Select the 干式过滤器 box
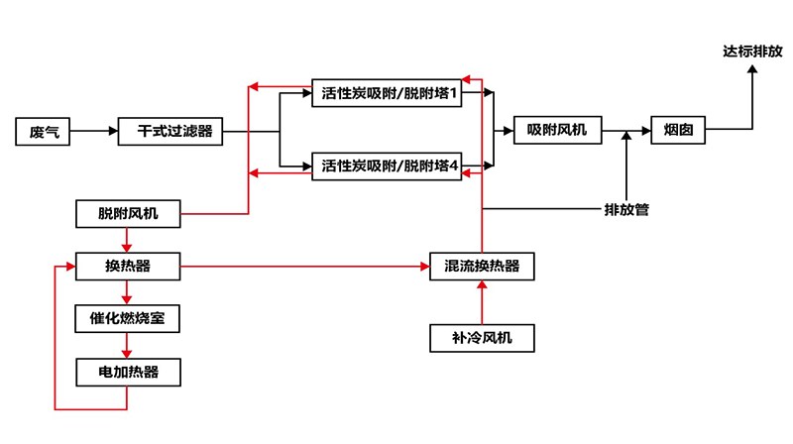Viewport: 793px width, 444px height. [168, 132]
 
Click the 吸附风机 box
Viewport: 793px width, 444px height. [556, 131]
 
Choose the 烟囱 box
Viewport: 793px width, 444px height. [678, 131]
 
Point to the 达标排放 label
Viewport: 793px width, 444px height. [751, 51]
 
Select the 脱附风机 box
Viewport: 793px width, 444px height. [127, 213]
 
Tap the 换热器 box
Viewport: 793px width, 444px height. [127, 266]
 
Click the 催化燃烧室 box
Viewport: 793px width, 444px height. [127, 319]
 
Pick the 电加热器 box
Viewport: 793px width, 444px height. [127, 372]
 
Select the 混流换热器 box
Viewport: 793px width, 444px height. [482, 267]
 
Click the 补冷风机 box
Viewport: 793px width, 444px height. [482, 338]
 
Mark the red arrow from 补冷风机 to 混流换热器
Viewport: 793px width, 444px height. [482, 302]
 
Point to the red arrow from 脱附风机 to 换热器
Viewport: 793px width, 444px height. [127, 239]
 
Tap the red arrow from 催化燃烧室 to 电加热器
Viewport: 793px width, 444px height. [127, 345]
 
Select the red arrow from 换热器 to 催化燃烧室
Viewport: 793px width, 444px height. [127, 292]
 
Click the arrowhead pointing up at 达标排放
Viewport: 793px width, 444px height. [751, 74]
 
